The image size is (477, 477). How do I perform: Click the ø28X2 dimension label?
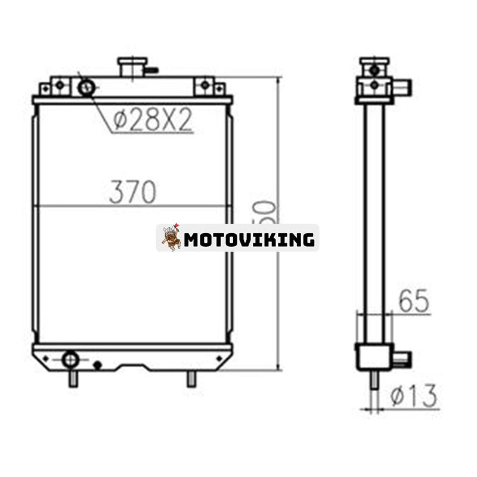(153, 120)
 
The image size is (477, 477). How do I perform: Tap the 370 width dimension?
(132, 192)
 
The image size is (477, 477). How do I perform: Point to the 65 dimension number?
(414, 302)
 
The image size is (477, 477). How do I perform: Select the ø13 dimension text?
(415, 396)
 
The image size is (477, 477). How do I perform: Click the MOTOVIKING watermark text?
(249, 240)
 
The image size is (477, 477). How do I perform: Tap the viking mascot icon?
(171, 237)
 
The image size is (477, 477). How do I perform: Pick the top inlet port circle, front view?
(86, 88)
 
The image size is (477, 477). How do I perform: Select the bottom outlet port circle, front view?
(70, 359)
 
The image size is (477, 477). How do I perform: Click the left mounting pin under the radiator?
(73, 379)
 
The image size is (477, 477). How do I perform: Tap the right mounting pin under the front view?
(191, 379)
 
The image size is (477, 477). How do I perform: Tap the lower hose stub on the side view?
(401, 359)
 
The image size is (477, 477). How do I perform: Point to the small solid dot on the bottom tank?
(97, 365)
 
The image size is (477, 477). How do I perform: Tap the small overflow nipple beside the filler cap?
(151, 70)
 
